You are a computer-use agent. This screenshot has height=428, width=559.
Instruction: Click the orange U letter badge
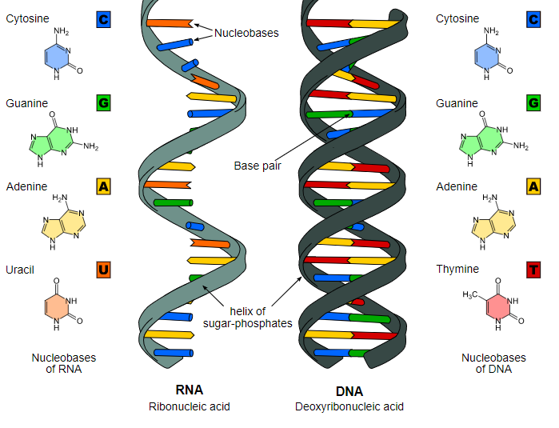coord(102,270)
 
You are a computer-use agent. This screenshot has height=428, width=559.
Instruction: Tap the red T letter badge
coord(533,270)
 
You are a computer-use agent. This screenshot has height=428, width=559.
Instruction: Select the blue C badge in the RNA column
coord(102,19)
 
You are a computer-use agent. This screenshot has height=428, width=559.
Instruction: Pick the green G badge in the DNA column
coord(533,103)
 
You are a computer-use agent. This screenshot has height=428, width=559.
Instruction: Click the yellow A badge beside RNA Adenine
coord(102,186)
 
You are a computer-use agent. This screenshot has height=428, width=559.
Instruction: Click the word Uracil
coord(21,270)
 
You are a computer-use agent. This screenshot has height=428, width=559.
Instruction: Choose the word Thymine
coord(457,270)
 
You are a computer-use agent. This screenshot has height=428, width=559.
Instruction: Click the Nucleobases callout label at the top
coord(246,34)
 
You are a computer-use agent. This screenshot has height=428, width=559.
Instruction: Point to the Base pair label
coord(257,166)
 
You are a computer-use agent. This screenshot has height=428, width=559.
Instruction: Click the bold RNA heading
coord(189,390)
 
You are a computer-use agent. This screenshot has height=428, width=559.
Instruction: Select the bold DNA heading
coord(349,391)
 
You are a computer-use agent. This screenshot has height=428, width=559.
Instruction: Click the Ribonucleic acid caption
coord(189,406)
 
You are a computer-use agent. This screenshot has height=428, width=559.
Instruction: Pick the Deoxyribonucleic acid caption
coord(349,406)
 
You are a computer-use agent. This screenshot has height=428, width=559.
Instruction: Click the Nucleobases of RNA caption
coord(63,363)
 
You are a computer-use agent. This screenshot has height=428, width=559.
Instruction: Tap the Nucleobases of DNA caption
coord(493,363)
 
